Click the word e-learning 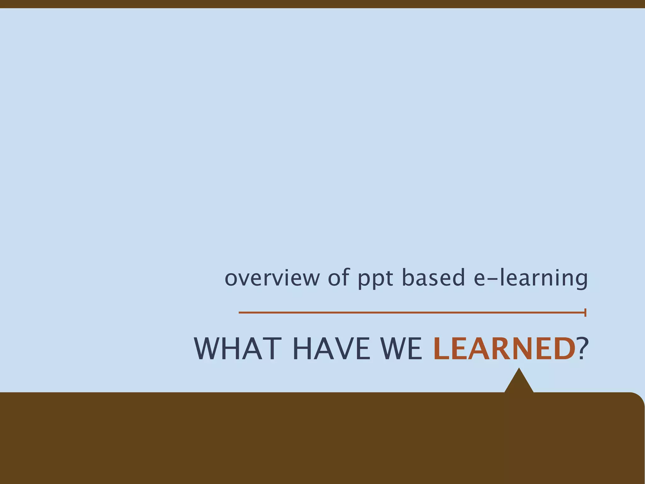[x=531, y=278]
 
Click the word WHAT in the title [x=238, y=349]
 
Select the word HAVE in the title [x=331, y=349]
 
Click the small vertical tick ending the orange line [x=585, y=313]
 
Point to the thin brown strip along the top [x=322, y=4]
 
